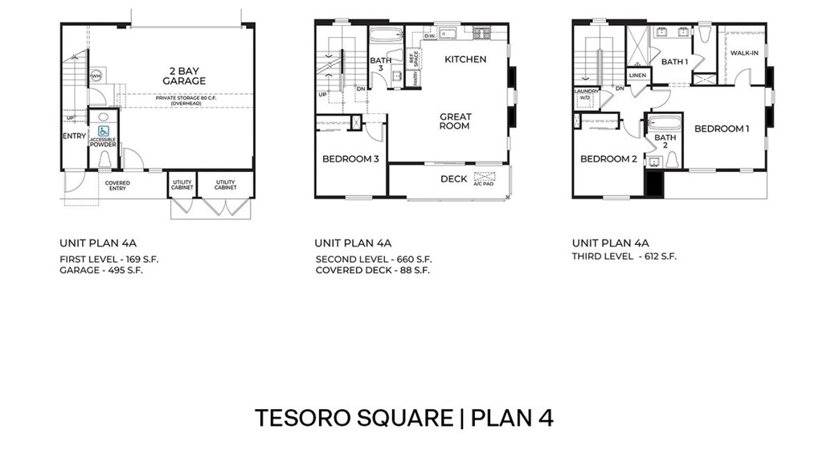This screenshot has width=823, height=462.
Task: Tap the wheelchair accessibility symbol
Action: coord(103,130)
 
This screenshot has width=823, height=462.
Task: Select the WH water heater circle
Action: coord(96,76)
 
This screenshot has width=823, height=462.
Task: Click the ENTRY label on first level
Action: coord(74,136)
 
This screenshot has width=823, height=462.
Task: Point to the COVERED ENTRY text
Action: coord(117,186)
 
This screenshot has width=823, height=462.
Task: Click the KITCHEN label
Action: coord(465,59)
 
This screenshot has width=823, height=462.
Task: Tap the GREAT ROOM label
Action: coord(455,121)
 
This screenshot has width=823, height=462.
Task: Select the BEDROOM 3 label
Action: coord(350,159)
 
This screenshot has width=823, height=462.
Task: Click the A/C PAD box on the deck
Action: coord(485,178)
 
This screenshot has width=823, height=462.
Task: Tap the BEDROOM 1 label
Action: coord(721,129)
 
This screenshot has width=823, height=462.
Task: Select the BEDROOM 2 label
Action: coord(608,159)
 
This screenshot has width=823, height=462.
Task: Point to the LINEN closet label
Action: coord(637,76)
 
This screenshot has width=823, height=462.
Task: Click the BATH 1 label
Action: coord(674,62)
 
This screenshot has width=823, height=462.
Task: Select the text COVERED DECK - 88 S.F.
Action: coord(372,271)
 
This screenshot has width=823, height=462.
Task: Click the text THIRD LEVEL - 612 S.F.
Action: coord(624,257)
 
